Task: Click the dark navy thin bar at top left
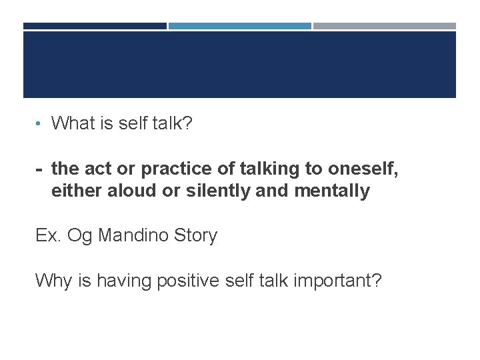point(95,26)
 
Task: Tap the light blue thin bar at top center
point(239,26)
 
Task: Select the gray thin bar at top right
point(385,26)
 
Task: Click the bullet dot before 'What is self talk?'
point(40,124)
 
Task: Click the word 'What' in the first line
point(74,123)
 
